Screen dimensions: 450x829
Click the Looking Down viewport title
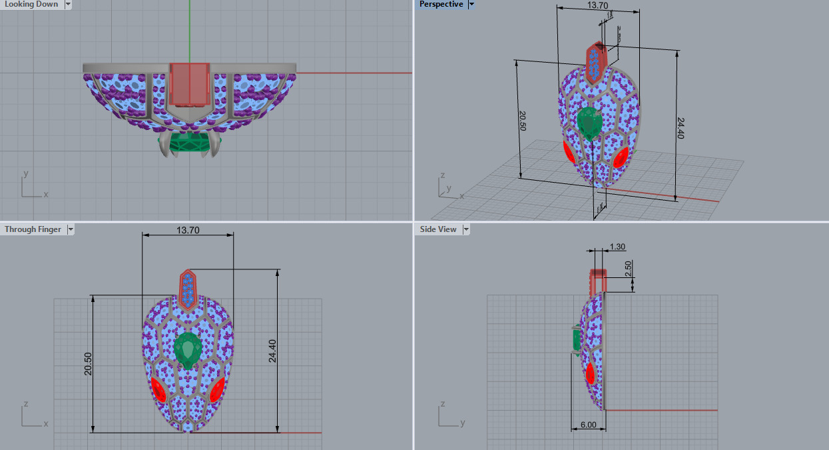tap(31, 5)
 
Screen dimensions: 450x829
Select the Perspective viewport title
tap(441, 5)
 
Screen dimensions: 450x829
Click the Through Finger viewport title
tap(33, 229)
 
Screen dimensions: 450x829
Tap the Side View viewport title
tap(437, 229)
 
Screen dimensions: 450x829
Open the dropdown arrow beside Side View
tap(466, 229)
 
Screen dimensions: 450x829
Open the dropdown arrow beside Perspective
tap(471, 5)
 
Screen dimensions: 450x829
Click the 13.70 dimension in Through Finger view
tap(187, 230)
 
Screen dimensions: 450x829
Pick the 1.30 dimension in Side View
tap(617, 247)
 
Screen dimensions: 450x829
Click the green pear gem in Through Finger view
tap(188, 350)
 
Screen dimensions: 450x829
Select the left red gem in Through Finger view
tap(158, 389)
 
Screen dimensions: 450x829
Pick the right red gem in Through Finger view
tap(217, 391)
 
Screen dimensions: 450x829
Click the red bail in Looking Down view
tap(190, 84)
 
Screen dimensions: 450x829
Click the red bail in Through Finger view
tap(188, 289)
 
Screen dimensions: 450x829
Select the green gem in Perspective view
tap(589, 123)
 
